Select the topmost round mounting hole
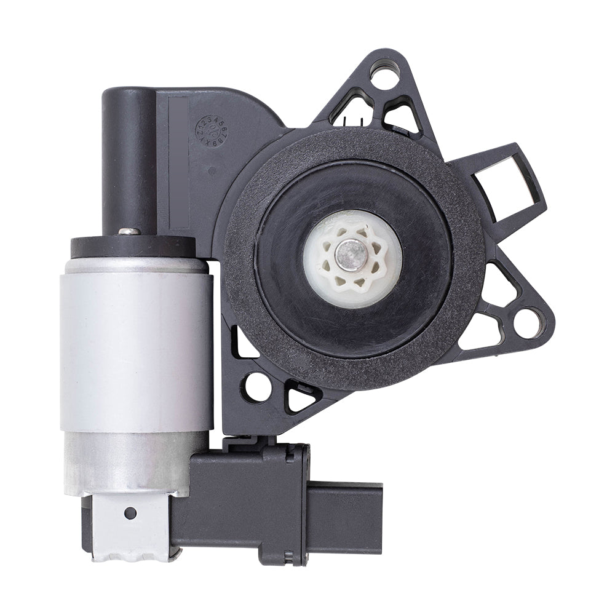point(384,76)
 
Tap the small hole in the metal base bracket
point(130,512)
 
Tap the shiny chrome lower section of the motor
point(132,461)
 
